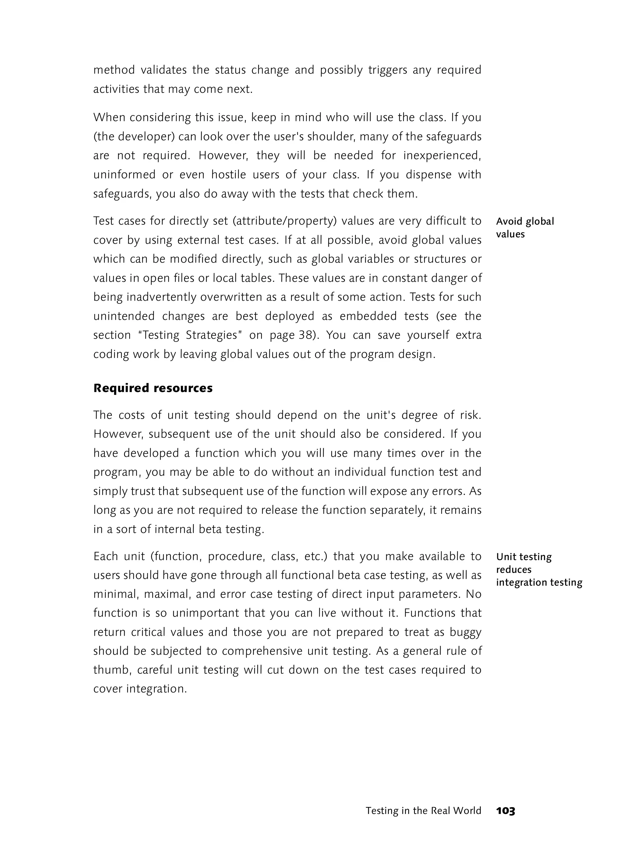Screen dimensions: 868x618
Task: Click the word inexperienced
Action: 442,156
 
